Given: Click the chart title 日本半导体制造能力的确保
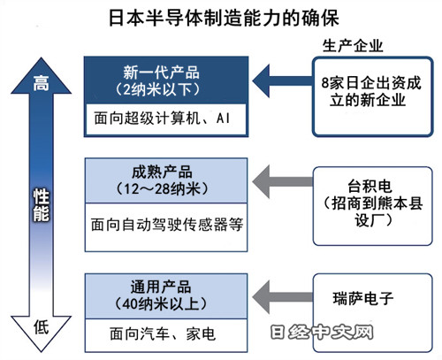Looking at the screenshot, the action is [x=224, y=18].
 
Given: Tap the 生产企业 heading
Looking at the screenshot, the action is [x=353, y=46].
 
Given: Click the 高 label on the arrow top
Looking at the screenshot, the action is [x=41, y=83].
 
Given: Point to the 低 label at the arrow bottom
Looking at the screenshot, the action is [x=41, y=327].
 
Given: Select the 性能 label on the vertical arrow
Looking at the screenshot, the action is [x=41, y=205].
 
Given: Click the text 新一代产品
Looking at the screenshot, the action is [x=161, y=73].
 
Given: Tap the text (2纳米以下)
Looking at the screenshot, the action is [x=158, y=89].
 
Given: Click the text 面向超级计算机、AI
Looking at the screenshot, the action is [x=162, y=119].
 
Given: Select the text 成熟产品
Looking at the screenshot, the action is [x=162, y=172].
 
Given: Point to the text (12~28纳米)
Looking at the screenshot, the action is [x=162, y=188].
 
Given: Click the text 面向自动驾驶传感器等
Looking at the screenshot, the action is [x=166, y=225].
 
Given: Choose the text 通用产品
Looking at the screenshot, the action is [x=161, y=287].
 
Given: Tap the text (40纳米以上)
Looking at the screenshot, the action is [x=161, y=303].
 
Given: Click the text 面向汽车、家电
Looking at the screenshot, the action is [x=163, y=334].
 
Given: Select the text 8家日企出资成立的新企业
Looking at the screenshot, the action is [x=370, y=91].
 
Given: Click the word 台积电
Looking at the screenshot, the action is [x=370, y=186].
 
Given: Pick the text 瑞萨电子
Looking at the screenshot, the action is [x=363, y=298].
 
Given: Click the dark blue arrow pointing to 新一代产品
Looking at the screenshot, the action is [x=282, y=81].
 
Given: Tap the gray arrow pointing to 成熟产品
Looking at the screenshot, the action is [x=282, y=181].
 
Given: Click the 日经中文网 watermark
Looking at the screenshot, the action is [x=322, y=332].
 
